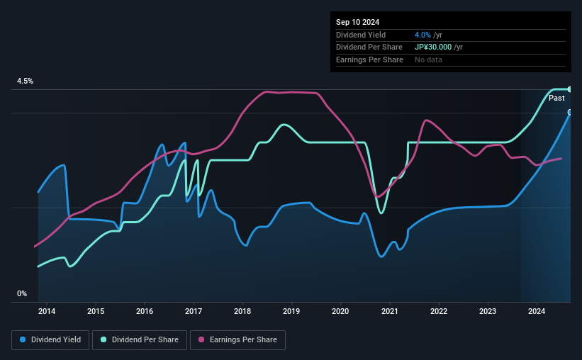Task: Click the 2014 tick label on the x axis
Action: (47, 311)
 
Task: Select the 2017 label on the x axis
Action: (194, 311)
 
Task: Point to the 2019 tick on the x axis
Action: (291, 311)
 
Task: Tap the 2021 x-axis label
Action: (389, 311)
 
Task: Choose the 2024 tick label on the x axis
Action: (537, 311)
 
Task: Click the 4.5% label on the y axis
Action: (26, 81)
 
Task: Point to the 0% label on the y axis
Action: (22, 293)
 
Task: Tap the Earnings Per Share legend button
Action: (237, 340)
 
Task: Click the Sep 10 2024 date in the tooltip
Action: (358, 22)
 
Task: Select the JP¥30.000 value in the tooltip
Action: (438, 47)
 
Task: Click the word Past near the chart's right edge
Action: (556, 98)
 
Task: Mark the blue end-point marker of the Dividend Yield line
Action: (570, 113)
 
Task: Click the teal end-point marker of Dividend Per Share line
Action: (570, 89)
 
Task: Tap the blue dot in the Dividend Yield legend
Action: (23, 340)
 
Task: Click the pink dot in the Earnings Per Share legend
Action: (201, 340)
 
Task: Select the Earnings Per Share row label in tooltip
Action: (369, 60)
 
